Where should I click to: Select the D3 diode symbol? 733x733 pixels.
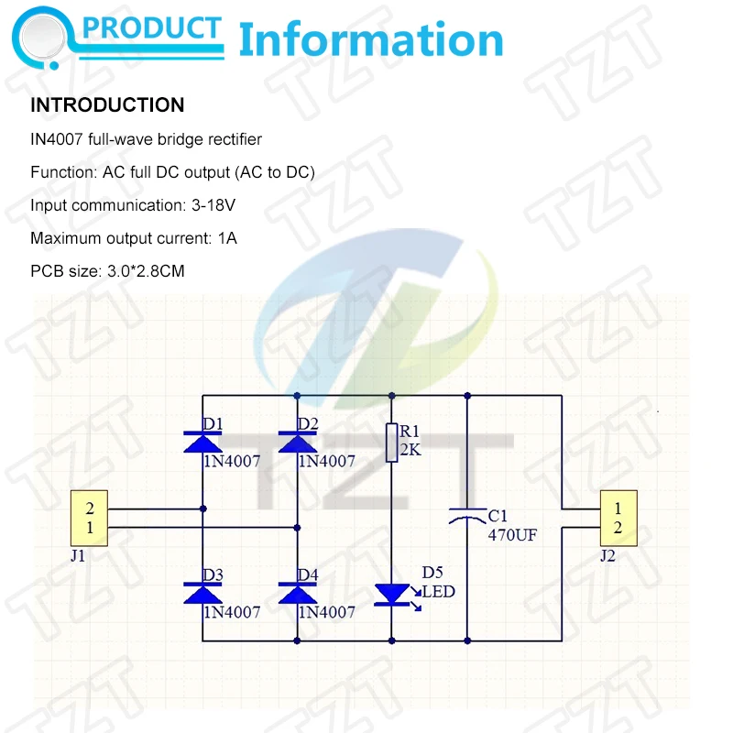pos(202,594)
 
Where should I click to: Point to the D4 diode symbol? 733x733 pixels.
pos(296,594)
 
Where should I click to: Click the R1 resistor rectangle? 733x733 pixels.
pos(392,443)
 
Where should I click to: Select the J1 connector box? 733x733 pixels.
pos(90,519)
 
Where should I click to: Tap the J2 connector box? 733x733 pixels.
pos(618,519)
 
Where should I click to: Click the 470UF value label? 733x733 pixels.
pos(511,534)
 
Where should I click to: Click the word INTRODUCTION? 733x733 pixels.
pos(107,105)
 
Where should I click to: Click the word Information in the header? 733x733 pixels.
pos(370,40)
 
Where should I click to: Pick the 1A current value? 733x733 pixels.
pos(227,238)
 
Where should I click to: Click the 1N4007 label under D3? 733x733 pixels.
pos(231,611)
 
